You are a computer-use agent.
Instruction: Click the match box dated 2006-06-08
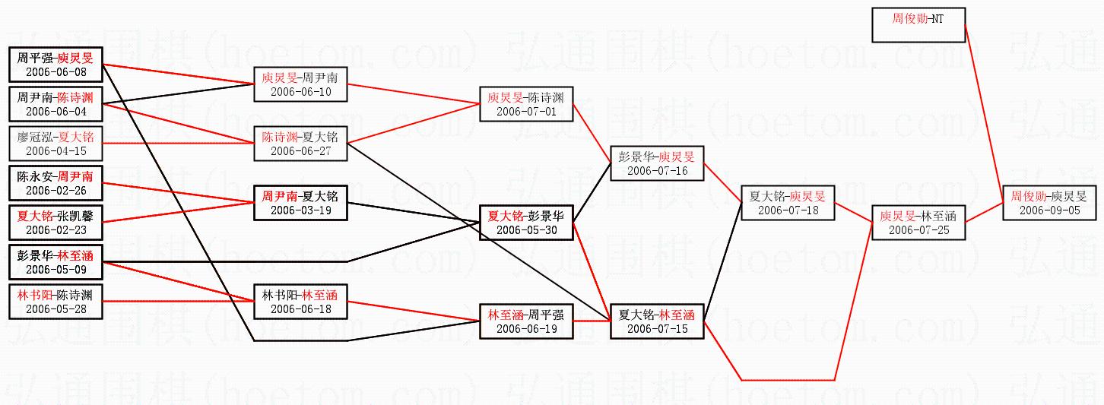coord(56,65)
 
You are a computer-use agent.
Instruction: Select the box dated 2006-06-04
coord(56,104)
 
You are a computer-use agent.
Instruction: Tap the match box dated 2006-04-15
coord(56,144)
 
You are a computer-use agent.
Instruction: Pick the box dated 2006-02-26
coord(56,183)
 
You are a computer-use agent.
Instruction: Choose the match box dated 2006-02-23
coord(56,222)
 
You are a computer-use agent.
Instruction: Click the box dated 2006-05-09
coord(56,261)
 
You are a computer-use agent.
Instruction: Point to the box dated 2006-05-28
coord(56,301)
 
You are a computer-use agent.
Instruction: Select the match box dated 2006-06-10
coord(300,84)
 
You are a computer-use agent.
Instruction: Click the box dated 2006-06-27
coord(300,144)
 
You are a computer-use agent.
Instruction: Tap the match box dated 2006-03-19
coord(300,202)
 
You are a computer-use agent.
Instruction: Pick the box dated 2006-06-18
coord(300,301)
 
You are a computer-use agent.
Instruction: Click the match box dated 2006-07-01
coord(526,104)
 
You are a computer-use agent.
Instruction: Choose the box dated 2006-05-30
coord(526,222)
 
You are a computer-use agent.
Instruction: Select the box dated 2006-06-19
coord(526,321)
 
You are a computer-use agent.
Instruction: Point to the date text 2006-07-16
coord(658,171)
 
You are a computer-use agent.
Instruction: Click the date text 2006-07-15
coord(658,328)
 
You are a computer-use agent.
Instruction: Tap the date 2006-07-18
coord(788,210)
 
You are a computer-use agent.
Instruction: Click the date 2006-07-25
coord(918,230)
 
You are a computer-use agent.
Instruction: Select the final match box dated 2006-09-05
coord(1050,202)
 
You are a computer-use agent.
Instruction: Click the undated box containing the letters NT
coord(918,24)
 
